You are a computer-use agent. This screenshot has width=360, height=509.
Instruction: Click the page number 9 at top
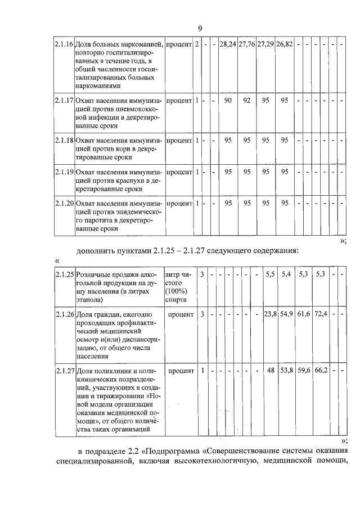click(x=200, y=28)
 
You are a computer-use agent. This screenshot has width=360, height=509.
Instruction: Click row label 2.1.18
click(x=64, y=139)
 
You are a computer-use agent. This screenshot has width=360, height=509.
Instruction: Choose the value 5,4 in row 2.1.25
click(x=286, y=274)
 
